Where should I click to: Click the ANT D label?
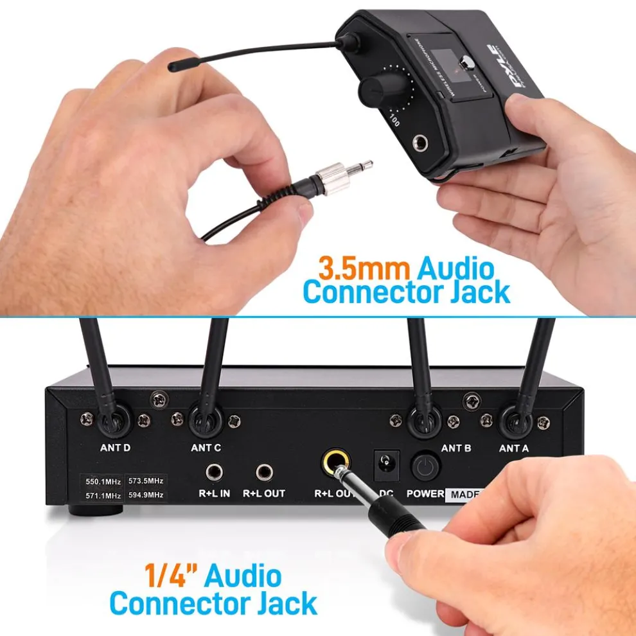pyautogui.click(x=116, y=448)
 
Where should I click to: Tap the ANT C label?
pyautogui.click(x=206, y=448)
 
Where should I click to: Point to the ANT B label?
pyautogui.click(x=456, y=448)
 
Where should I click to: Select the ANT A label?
pyautogui.click(x=514, y=448)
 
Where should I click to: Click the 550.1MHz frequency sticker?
pyautogui.click(x=103, y=481)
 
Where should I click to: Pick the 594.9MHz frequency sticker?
pyautogui.click(x=146, y=495)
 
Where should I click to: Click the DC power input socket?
pyautogui.click(x=387, y=464)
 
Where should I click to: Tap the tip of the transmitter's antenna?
pyautogui.click(x=173, y=66)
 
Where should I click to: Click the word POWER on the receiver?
pyautogui.click(x=425, y=493)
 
